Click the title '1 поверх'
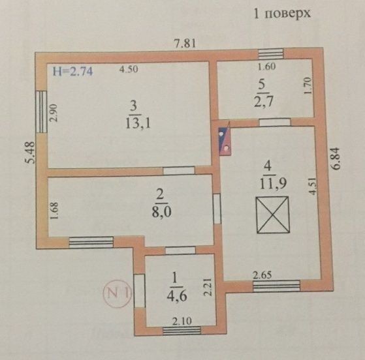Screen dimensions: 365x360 [282, 14]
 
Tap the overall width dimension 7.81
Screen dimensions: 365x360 [185, 43]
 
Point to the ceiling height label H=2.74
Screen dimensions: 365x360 [73, 71]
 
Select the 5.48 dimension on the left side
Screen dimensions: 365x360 [31, 153]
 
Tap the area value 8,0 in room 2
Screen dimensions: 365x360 [161, 212]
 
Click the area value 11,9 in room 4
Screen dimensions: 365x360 [273, 184]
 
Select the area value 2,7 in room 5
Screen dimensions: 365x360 [264, 102]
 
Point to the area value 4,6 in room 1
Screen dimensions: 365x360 [177, 296]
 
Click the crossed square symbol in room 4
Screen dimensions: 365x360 [273, 215]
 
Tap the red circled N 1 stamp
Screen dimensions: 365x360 [117, 293]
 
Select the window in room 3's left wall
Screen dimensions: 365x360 [41, 112]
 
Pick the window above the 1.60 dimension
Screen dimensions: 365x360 [271, 53]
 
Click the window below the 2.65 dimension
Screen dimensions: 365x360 [277, 286]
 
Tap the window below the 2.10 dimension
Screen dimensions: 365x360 [182, 331]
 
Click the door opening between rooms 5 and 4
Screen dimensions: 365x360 [275, 123]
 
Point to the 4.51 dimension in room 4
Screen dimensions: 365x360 [313, 186]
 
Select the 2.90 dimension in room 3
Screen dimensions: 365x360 [54, 113]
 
